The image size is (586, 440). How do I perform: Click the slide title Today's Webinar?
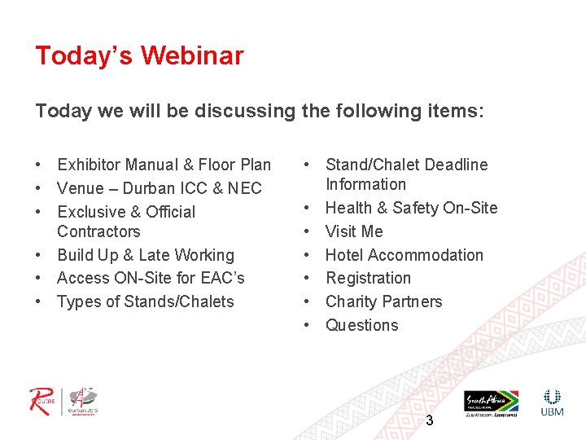139,55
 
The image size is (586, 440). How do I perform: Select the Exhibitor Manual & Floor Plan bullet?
164,165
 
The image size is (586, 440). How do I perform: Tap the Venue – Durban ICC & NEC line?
160,188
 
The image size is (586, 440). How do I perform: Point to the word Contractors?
98,231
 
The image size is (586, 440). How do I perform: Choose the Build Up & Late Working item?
146,255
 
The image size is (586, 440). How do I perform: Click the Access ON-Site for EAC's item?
151,278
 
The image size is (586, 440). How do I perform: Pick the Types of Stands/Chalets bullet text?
146,301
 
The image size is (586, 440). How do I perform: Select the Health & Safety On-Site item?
411,208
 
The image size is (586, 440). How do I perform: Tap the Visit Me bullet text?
354,231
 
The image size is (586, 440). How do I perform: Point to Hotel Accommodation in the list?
405,255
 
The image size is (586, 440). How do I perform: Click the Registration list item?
368,278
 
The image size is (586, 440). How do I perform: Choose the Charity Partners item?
383,301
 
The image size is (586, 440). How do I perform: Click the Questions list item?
362,325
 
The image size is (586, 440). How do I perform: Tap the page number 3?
430,421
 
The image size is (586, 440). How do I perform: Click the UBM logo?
553,403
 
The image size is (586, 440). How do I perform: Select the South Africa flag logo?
491,401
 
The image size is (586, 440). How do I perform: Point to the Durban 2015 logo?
83,401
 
